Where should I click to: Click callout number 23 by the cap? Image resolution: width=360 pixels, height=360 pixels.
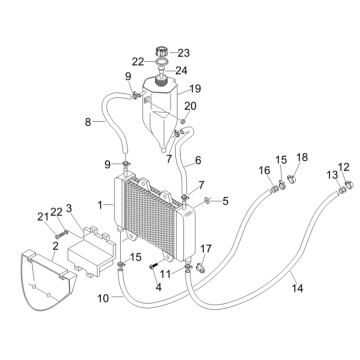[x=184, y=52]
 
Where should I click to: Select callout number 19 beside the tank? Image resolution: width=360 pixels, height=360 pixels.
[x=195, y=88]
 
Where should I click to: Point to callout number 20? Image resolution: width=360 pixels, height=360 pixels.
[x=190, y=105]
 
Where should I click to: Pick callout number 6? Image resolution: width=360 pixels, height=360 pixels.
[x=198, y=160]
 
